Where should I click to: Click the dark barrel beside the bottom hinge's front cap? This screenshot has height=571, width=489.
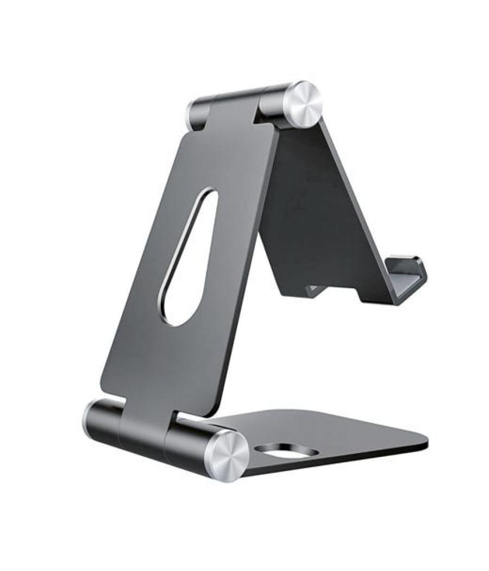[190, 442]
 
